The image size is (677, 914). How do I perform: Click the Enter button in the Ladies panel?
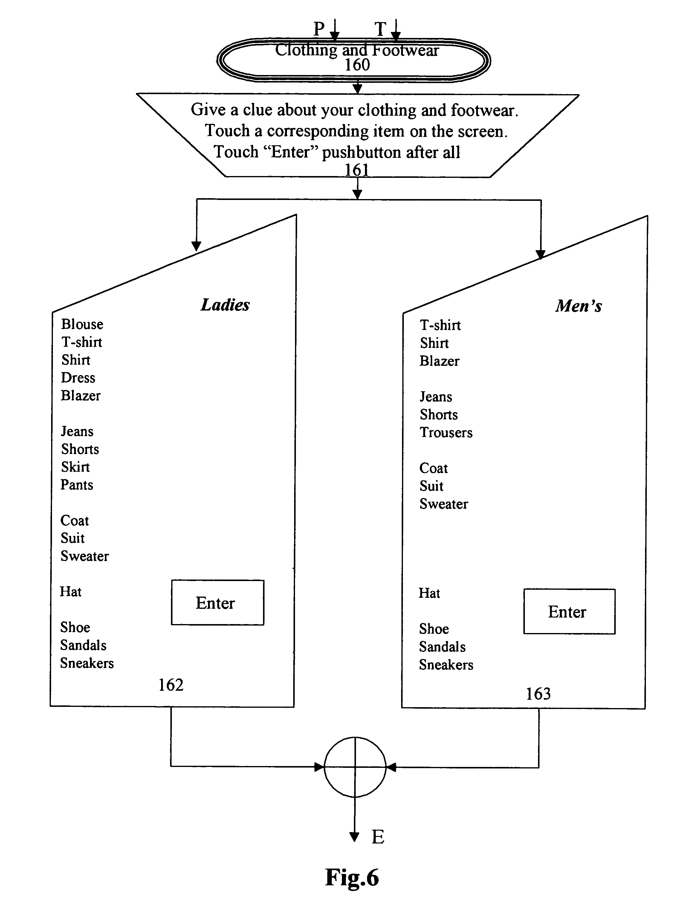217,602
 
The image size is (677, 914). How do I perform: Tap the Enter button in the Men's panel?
569,611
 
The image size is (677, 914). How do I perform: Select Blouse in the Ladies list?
82,324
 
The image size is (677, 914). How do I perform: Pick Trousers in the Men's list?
446,432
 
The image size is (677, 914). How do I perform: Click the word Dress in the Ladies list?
78,377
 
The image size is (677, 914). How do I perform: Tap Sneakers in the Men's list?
446,664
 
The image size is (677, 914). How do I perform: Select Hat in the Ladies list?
71,591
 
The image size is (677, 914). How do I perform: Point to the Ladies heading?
225,305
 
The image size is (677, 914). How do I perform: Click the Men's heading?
579,306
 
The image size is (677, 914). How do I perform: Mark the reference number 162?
171,684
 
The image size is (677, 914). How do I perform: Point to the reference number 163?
538,694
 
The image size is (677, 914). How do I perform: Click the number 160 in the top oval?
357,65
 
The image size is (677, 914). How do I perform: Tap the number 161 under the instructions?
357,169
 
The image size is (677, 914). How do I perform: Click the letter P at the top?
319,29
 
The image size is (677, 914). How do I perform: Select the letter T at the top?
380,29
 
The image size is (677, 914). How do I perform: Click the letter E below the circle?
378,837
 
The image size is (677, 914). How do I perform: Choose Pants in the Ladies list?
77,485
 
